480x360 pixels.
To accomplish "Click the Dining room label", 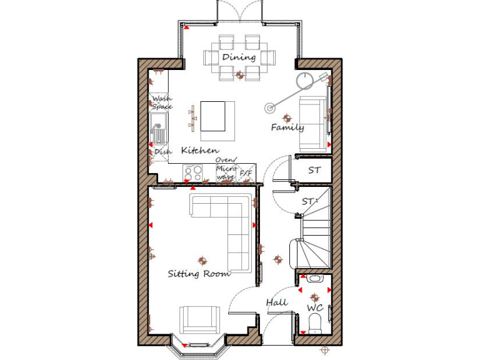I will pos(239,57).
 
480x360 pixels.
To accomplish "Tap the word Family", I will pos(287,127).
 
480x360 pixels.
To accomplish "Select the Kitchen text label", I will pos(200,151).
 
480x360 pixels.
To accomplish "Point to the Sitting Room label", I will pos(199,273).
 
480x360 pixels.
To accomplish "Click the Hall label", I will pos(277,302).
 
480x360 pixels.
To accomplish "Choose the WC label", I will pos(314,308).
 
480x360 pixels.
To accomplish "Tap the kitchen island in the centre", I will pos(213,116).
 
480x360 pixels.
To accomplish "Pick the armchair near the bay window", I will pos(199,320).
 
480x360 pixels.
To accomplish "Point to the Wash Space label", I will pos(161,102).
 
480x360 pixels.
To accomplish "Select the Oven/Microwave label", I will pos(225,168).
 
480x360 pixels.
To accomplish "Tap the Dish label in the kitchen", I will pos(162,151).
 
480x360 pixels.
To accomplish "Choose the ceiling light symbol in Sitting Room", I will pos(201,260).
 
